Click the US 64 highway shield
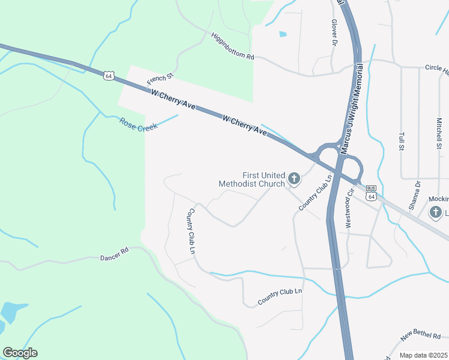point(108,76)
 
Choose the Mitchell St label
point(439,132)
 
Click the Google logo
point(20,353)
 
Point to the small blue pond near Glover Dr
point(283,34)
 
